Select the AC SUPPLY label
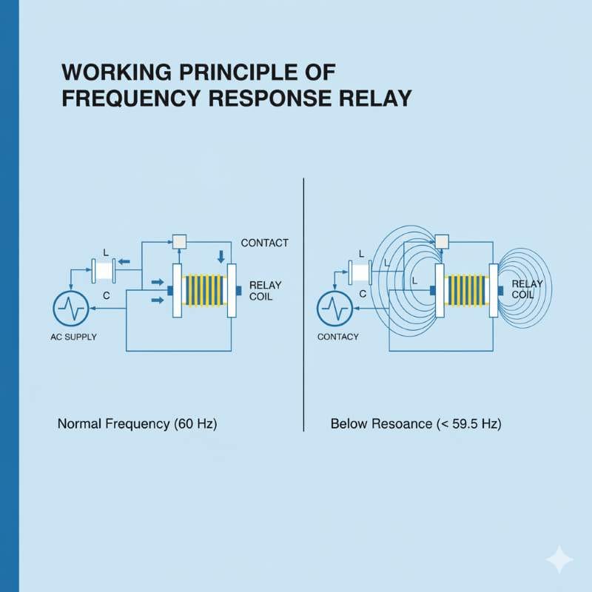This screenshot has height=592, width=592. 74,337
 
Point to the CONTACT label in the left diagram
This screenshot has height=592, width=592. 265,242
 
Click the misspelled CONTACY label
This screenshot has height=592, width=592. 337,337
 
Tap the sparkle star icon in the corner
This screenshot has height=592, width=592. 559,559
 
